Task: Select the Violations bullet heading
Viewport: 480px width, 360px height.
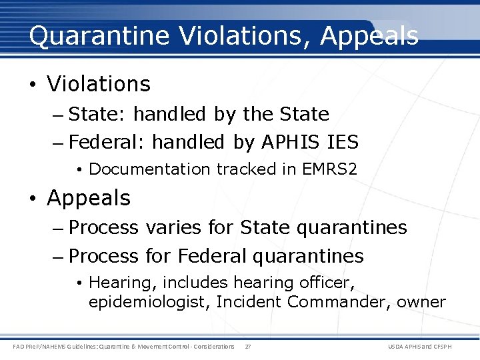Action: [99, 84]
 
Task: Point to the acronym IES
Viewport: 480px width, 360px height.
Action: [343, 142]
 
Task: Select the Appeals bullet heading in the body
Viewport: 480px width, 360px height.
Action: [89, 198]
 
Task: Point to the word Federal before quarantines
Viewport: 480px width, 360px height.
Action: [211, 256]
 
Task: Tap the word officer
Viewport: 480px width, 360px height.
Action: [328, 283]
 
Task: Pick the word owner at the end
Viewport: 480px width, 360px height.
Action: [421, 302]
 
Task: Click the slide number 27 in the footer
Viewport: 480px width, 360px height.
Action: [248, 347]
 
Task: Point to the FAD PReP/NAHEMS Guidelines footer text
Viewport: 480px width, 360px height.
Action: [124, 347]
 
